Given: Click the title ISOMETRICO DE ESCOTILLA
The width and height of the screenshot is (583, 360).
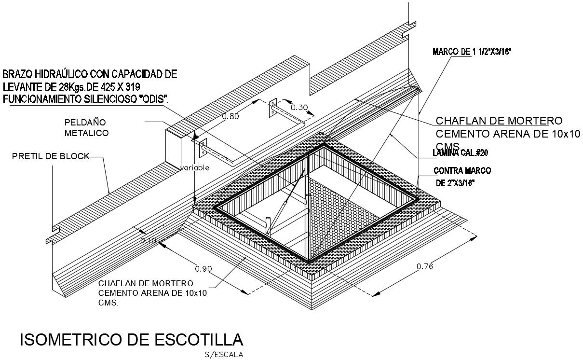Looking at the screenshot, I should pyautogui.click(x=131, y=340).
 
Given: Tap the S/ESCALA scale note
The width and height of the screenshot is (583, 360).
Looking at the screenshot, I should pyautogui.click(x=224, y=355).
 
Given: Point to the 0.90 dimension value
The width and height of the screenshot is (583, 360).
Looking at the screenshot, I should pyautogui.click(x=203, y=268).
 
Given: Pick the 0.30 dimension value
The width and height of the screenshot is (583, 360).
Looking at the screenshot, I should pyautogui.click(x=299, y=107).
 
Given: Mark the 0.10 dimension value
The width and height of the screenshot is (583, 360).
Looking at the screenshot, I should pyautogui.click(x=148, y=240).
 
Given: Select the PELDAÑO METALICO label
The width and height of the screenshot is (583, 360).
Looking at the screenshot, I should pyautogui.click(x=86, y=128).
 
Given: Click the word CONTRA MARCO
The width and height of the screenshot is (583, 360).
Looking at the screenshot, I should pyautogui.click(x=462, y=171).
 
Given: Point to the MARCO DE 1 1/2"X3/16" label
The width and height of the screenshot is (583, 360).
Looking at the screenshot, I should pyautogui.click(x=471, y=52).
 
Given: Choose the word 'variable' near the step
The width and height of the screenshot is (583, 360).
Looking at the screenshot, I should pyautogui.click(x=195, y=168).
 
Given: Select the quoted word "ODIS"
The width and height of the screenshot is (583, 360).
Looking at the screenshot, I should pyautogui.click(x=153, y=99).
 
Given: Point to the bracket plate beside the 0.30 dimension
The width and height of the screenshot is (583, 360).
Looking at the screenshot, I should pyautogui.click(x=272, y=109).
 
